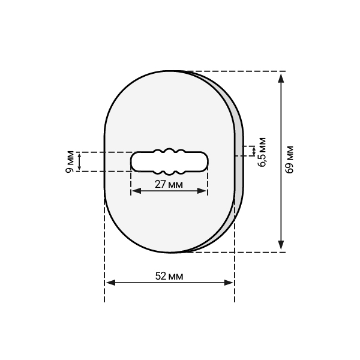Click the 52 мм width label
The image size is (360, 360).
coord(169,276)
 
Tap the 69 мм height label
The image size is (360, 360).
coord(289,160)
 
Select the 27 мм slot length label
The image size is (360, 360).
coord(169,184)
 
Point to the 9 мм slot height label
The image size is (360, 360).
coord(70,162)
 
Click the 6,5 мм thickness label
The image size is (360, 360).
coord(262,152)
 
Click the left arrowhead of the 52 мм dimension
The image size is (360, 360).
coord(110,283)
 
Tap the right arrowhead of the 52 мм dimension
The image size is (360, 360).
coord(229,283)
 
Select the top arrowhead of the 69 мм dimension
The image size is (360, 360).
coord(281,79)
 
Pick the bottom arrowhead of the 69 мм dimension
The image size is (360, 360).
coord(281,245)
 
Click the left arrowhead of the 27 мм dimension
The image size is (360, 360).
coord(137,191)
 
